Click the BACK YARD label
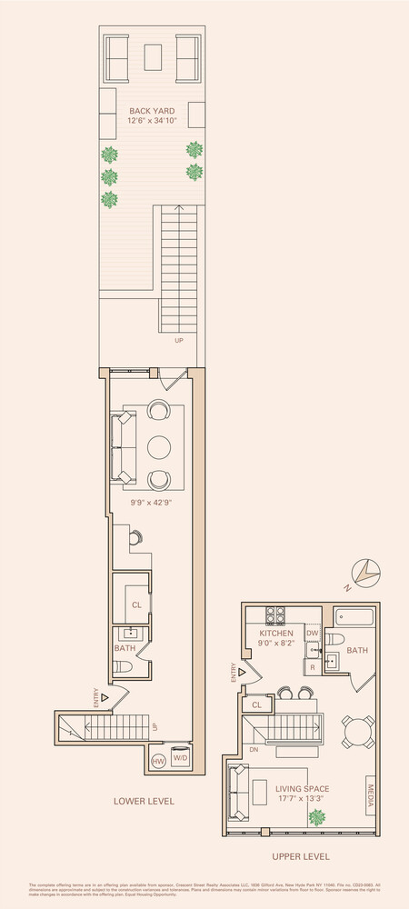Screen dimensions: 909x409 151,111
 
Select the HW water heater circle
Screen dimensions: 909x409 157,758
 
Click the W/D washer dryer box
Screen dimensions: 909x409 180,758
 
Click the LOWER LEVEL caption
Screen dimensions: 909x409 144,801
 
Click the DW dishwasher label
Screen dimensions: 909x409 312,633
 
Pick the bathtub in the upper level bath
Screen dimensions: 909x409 354,621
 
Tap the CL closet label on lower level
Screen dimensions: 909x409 136,604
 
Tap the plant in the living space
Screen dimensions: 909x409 316,817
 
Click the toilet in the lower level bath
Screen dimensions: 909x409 127,668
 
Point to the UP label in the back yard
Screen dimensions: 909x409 178,341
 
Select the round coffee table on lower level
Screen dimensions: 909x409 158,445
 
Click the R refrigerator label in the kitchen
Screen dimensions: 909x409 312,667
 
